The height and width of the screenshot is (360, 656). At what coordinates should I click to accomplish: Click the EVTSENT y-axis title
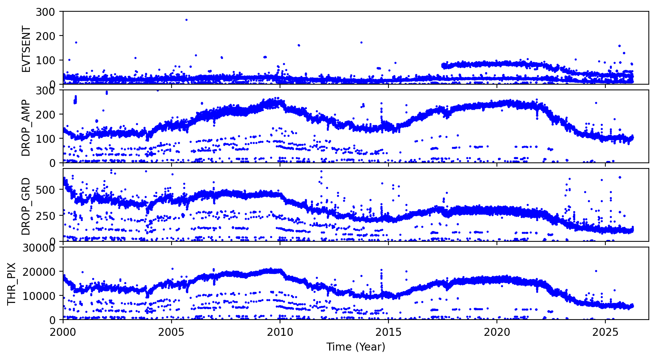coord(26,49)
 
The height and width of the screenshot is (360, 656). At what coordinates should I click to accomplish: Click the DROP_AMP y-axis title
coord(26,128)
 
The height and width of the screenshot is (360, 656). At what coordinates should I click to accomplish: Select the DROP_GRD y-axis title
coord(26,206)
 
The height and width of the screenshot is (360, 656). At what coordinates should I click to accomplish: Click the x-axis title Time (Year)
coord(356,347)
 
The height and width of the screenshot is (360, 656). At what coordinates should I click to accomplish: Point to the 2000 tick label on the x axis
coord(63,332)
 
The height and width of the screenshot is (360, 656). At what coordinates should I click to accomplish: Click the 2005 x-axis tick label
coord(172,332)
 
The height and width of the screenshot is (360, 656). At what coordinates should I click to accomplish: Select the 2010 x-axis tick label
coord(280,332)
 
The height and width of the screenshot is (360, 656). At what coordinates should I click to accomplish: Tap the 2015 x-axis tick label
coord(388,332)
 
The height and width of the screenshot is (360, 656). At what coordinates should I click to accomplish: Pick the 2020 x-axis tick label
coord(497,332)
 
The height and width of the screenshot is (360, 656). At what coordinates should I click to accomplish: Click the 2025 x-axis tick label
coord(605,332)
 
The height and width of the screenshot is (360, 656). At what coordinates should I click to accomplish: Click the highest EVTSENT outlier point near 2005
coord(186,20)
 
